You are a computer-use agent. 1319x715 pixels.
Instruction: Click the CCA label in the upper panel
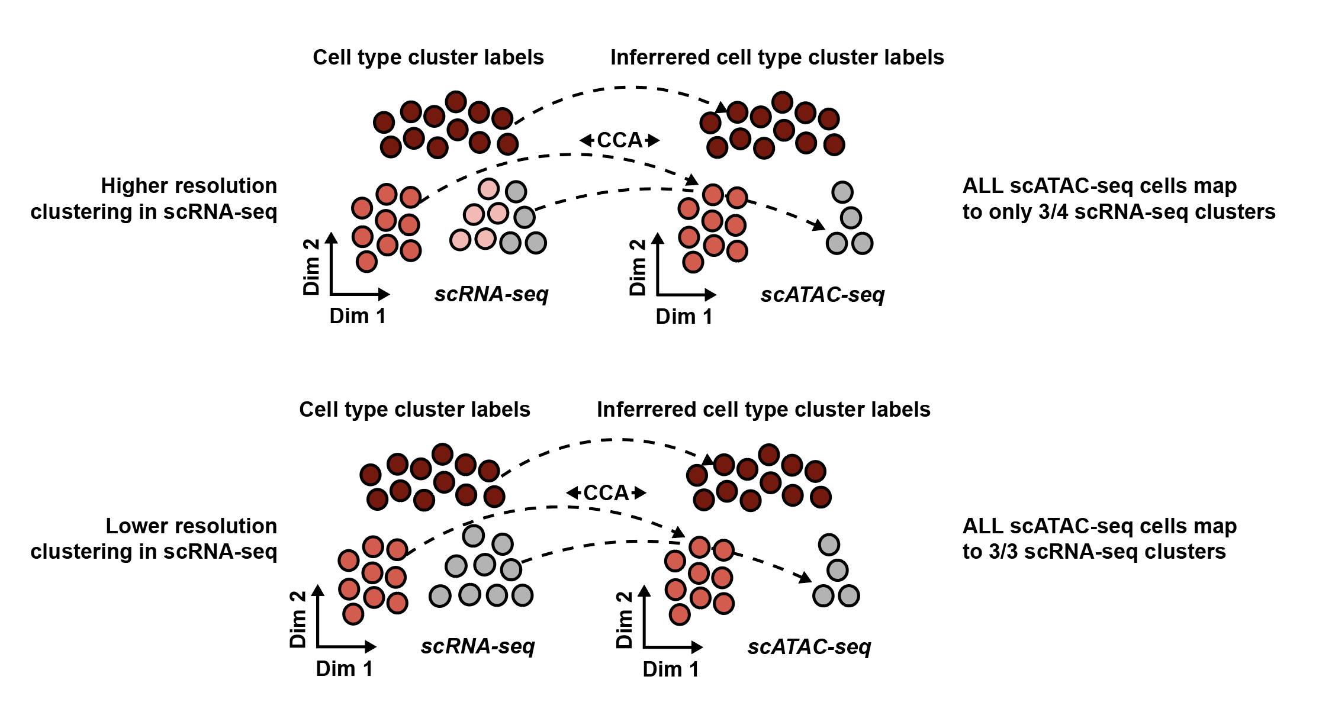pos(619,140)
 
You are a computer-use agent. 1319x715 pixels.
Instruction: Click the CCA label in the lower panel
pos(606,492)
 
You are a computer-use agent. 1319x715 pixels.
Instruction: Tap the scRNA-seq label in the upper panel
pos(491,294)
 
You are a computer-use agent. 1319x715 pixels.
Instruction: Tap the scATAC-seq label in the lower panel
pos(809,646)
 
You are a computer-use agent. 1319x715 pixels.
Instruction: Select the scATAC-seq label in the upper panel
pos(822,294)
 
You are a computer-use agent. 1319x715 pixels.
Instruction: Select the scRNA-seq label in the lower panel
pos(478,646)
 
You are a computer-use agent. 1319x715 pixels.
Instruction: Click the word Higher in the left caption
pos(130,186)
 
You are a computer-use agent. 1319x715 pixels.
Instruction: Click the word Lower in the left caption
pos(131,526)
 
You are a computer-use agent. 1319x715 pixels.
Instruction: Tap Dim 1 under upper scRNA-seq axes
pos(358,316)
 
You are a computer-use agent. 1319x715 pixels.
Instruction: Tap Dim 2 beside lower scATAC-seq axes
pos(625,620)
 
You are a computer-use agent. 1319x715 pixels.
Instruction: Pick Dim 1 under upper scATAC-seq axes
pos(684,317)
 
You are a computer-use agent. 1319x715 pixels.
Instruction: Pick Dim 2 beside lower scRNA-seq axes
pos(298,619)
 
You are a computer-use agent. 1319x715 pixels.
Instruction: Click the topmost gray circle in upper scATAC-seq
pos(842,192)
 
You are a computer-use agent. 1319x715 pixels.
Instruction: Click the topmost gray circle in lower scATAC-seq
pos(829,545)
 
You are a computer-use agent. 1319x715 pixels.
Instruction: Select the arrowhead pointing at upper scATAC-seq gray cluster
pos(819,226)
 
